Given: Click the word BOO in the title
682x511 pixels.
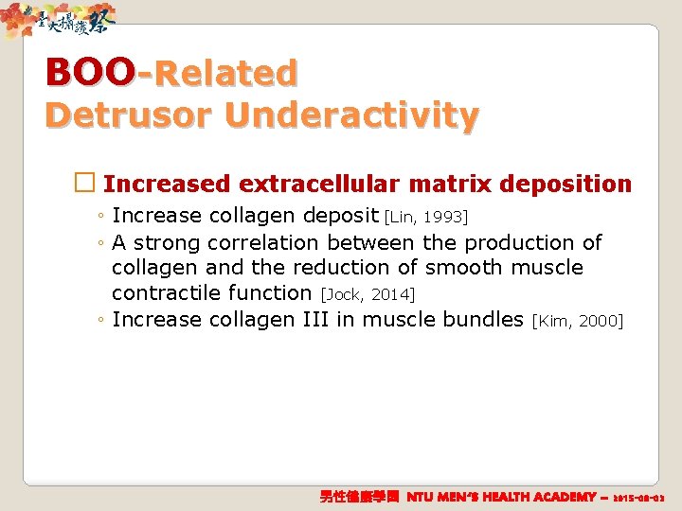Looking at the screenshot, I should (90, 72).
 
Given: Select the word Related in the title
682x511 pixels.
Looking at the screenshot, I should (224, 73).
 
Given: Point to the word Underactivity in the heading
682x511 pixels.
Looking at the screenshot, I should (350, 115).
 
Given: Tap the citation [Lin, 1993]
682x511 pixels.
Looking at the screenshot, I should (426, 218).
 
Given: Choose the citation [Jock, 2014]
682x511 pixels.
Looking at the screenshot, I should (368, 294).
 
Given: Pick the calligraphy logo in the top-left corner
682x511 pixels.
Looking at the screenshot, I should (62, 21).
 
